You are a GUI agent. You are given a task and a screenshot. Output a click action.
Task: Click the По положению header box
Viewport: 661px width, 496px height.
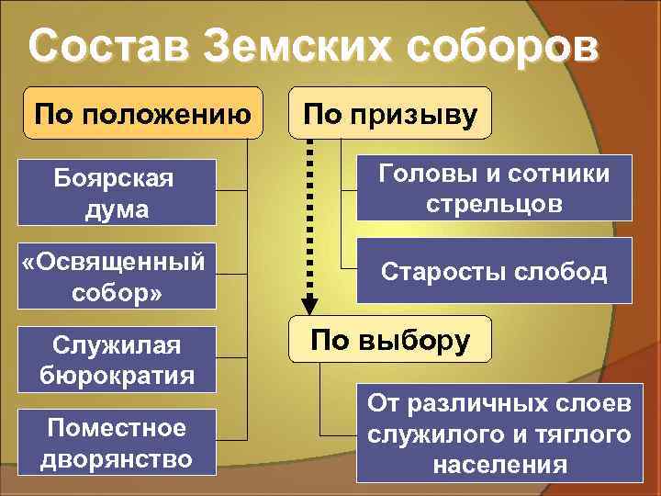tap(142, 114)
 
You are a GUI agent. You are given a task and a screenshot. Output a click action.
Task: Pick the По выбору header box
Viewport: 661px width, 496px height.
tap(390, 341)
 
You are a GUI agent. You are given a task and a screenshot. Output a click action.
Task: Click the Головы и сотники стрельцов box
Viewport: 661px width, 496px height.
tap(494, 188)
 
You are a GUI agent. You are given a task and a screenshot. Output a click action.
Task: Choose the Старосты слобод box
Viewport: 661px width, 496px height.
tap(494, 271)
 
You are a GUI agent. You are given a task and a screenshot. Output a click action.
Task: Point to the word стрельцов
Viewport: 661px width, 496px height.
tap(494, 203)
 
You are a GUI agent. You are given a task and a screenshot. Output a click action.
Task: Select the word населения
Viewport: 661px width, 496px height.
tap(499, 463)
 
